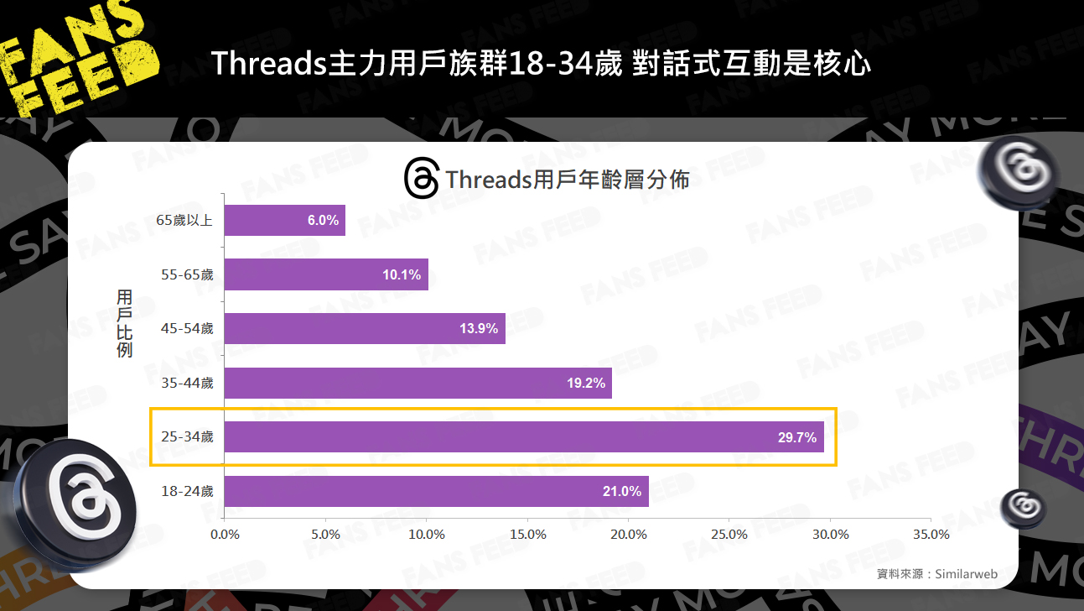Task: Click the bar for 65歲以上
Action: tap(284, 220)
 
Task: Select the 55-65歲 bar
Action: tap(326, 274)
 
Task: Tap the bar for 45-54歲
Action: tap(365, 328)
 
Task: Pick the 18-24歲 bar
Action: tap(436, 491)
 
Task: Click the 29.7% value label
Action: tap(796, 437)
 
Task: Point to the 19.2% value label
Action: tap(585, 383)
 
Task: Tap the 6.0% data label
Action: tap(323, 221)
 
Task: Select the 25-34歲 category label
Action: tap(187, 437)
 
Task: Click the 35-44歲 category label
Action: tap(187, 383)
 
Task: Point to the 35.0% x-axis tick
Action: tap(931, 535)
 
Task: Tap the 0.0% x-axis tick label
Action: tap(225, 535)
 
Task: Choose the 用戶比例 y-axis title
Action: tap(125, 323)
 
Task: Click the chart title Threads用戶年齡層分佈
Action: tap(568, 180)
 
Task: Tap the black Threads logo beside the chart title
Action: tap(421, 178)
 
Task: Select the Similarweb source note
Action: tap(936, 574)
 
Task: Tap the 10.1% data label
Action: tap(402, 274)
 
